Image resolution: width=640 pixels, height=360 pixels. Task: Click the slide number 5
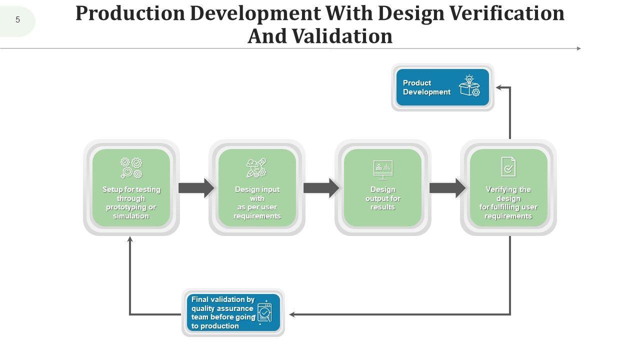tap(18, 20)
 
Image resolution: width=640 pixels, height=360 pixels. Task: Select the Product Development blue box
tap(442, 87)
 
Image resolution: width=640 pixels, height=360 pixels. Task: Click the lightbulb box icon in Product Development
tap(469, 86)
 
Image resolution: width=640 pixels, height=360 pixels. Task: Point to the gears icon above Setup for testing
tap(131, 167)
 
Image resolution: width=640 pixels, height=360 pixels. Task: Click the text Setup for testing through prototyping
tap(131, 202)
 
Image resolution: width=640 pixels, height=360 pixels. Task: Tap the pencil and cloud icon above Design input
tap(256, 168)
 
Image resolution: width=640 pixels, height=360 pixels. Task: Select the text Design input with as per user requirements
tap(257, 202)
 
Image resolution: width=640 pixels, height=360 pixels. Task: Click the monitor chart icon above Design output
tap(383, 169)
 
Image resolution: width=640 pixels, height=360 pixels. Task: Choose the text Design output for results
tap(383, 198)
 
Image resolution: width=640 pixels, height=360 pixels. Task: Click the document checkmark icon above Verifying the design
tap(508, 167)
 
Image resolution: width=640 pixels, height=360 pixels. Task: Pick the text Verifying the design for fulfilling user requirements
tap(508, 202)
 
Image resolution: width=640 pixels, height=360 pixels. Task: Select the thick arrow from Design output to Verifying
tap(447, 188)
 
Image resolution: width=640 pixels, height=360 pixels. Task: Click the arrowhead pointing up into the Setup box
tap(130, 240)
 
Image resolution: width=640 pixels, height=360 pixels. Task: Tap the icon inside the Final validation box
tap(264, 313)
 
